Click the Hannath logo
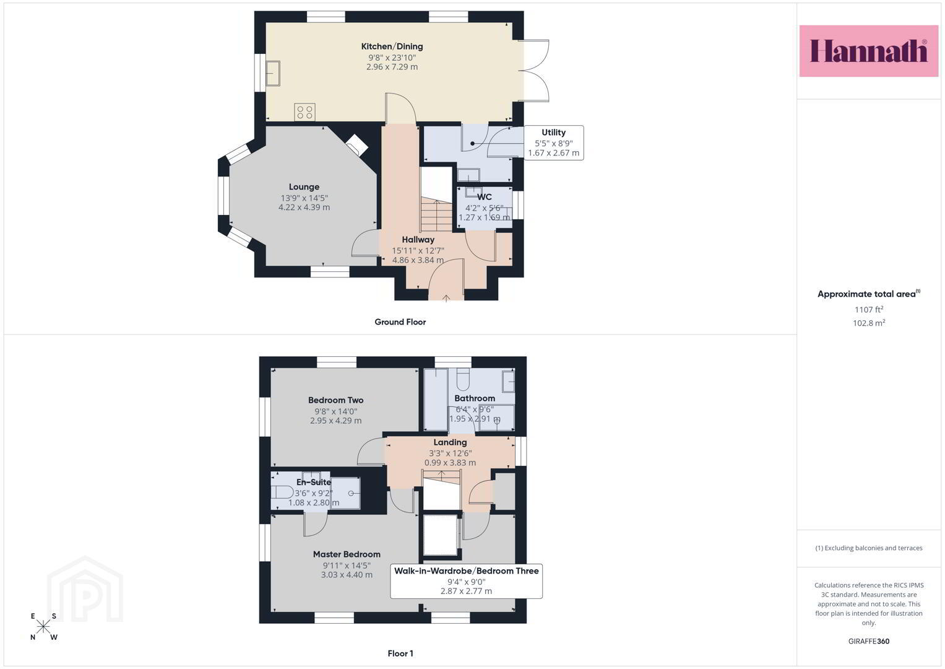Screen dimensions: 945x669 (868, 51)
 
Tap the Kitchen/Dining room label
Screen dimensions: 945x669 (392, 46)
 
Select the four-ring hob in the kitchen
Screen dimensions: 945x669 (304, 112)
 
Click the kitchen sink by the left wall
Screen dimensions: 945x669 (273, 73)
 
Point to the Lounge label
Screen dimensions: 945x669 (304, 186)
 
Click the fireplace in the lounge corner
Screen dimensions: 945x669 (357, 145)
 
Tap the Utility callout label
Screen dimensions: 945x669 (553, 133)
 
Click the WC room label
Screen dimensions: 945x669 (485, 197)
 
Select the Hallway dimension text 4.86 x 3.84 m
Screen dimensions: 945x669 (418, 260)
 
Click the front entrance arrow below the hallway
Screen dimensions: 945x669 (446, 298)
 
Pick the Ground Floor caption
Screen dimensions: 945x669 (400, 322)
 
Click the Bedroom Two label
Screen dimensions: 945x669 (336, 400)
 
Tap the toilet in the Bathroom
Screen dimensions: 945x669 (463, 380)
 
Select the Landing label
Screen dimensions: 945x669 (450, 442)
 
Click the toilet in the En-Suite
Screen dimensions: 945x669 (282, 492)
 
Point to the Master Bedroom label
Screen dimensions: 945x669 (347, 554)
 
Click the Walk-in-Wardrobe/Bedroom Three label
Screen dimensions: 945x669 (466, 571)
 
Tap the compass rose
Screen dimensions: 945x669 (43, 627)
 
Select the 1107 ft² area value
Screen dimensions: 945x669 (869, 310)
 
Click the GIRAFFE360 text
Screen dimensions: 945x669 (869, 641)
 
